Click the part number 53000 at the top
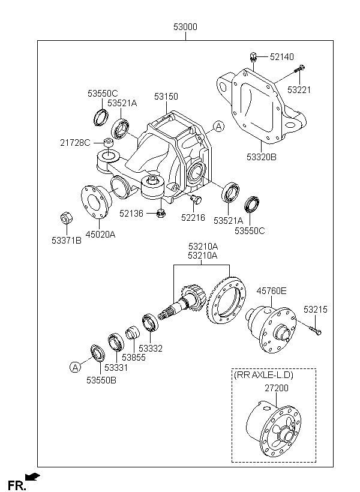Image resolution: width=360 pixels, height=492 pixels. click(185, 27)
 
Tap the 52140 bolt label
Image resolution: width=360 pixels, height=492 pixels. click(282, 57)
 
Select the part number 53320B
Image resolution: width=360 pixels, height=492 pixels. click(262, 157)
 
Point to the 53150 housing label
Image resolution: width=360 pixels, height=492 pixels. click(166, 97)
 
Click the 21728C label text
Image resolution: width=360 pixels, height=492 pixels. click(76, 143)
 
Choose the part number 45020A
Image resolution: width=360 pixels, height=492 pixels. click(100, 234)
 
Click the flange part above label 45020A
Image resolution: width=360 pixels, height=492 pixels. click(96, 201)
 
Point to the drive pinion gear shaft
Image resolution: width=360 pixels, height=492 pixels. click(181, 302)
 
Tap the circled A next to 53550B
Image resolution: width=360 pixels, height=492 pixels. click(75, 367)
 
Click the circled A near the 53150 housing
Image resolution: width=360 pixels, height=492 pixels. click(218, 127)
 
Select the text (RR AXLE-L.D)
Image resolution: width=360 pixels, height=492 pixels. click(263, 375)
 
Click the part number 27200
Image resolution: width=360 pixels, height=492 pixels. click(277, 388)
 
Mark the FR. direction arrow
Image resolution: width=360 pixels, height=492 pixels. click(32, 476)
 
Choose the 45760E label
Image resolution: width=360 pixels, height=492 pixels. click(271, 291)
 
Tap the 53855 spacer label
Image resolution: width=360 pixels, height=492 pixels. click(134, 358)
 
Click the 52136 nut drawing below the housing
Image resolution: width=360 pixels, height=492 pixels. click(161, 213)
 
